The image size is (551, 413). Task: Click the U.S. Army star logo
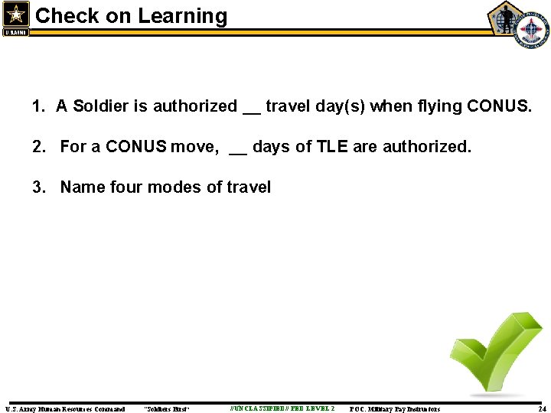(x=16, y=17)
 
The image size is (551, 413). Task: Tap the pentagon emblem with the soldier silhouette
(x=505, y=18)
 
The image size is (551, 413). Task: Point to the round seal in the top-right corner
(x=531, y=31)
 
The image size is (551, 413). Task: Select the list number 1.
(x=38, y=106)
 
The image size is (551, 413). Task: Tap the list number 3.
(x=38, y=187)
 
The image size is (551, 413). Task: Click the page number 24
(x=542, y=409)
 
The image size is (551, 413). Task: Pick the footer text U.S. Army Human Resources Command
(x=65, y=409)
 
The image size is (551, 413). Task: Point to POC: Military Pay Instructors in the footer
(x=394, y=409)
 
